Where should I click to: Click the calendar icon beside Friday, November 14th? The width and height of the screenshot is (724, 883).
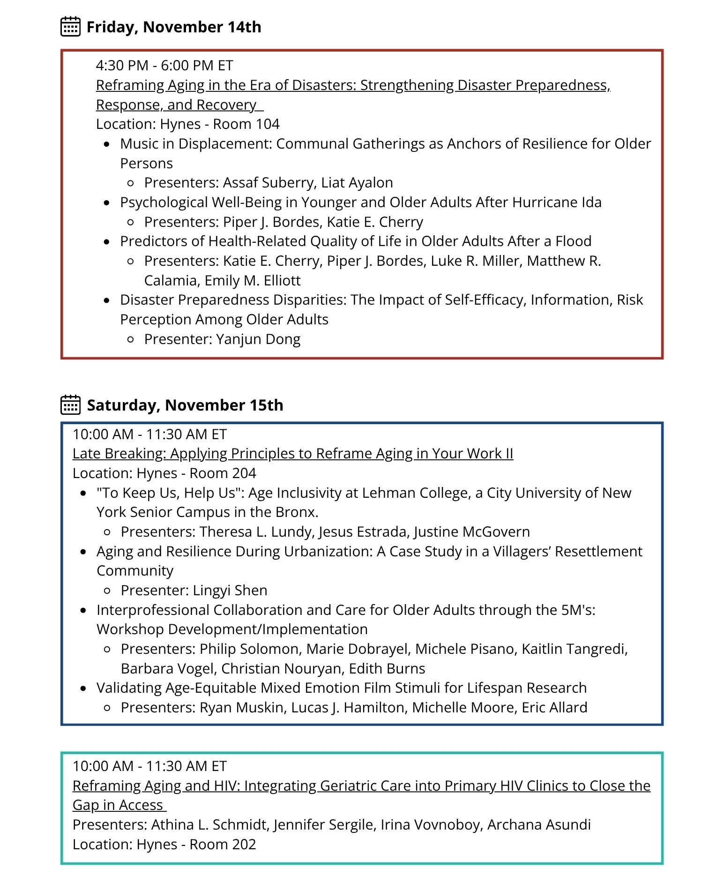point(70,27)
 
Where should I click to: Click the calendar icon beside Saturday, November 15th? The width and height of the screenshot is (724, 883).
point(70,404)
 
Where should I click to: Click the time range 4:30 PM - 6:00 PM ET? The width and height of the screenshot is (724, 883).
point(164,66)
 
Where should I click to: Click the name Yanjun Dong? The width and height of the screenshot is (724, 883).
point(258,339)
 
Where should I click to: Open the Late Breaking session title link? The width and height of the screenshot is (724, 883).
point(293,454)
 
